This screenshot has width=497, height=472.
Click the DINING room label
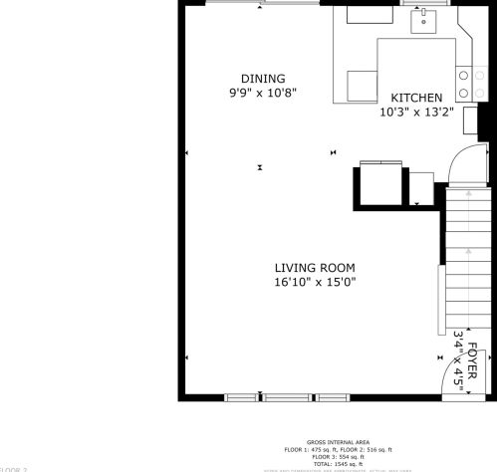click(x=263, y=79)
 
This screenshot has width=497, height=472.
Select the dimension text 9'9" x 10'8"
click(x=263, y=93)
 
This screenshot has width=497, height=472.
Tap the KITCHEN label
click(x=416, y=98)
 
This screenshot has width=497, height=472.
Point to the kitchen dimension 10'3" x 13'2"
click(x=416, y=112)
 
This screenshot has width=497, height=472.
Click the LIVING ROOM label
click(x=315, y=268)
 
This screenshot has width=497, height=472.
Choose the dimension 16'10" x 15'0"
click(x=315, y=282)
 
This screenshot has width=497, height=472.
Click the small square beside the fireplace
click(x=421, y=186)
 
